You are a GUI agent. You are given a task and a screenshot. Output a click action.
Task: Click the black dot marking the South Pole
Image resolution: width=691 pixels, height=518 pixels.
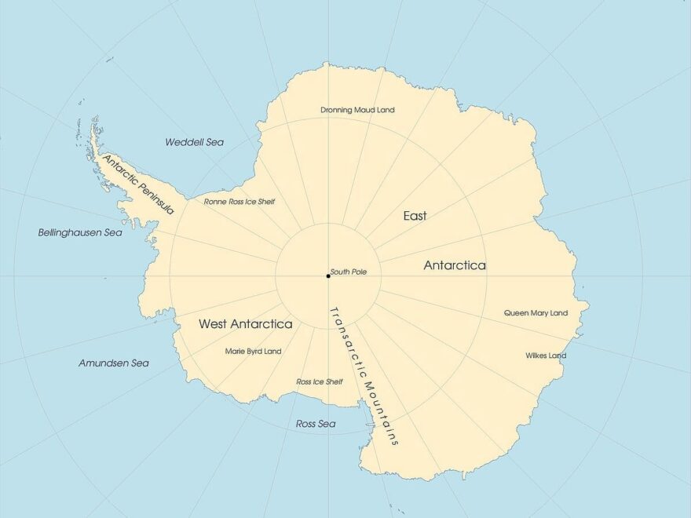tap(328, 275)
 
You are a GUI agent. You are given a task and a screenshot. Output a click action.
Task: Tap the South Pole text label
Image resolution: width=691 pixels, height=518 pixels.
tap(349, 272)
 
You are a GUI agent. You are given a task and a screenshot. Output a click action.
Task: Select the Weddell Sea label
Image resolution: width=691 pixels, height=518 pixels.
tap(194, 142)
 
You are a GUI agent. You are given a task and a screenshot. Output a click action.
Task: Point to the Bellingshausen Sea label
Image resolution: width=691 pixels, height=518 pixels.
tap(80, 233)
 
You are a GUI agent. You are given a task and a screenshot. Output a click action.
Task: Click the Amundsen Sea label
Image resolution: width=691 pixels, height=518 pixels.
tap(113, 363)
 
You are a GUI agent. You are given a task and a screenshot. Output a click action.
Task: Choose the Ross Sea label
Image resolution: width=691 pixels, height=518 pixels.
tap(316, 424)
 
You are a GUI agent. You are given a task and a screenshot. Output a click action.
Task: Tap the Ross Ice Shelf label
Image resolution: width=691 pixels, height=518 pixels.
tap(319, 381)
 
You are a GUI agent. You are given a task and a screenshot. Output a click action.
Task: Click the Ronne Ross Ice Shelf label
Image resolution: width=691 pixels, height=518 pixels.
tap(239, 202)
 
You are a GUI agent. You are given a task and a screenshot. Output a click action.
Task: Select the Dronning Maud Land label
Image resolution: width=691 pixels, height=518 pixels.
tap(357, 110)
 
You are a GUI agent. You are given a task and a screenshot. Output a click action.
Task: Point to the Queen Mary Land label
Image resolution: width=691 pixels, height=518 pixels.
tap(536, 313)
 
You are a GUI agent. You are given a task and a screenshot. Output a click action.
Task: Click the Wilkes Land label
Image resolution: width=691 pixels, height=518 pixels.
tap(546, 356)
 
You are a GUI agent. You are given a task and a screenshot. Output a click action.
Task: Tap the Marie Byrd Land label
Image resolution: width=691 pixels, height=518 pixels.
tap(253, 351)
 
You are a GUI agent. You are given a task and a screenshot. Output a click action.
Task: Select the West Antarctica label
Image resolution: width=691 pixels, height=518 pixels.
tap(245, 323)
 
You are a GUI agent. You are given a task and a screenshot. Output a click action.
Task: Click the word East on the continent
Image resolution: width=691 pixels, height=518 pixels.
tap(415, 216)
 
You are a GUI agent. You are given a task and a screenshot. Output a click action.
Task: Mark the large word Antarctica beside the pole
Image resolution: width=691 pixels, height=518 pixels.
tap(455, 265)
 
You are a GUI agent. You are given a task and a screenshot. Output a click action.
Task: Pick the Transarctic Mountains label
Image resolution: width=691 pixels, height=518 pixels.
tap(364, 375)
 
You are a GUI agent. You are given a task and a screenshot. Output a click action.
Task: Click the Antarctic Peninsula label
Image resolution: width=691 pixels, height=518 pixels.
tap(138, 184)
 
